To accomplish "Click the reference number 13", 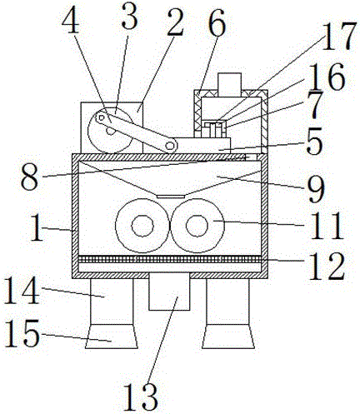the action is click(x=140, y=397).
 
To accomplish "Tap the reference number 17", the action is click(x=339, y=37).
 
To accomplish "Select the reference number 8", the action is click(x=29, y=177).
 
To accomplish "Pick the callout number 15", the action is click(x=22, y=333).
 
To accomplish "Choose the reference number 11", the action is click(x=327, y=226).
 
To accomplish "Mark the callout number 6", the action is click(x=217, y=23).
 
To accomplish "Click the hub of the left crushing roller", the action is click(x=142, y=226).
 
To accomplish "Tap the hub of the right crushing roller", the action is click(x=197, y=225).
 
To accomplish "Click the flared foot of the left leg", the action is click(x=112, y=337).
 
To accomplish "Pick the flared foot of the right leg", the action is click(x=228, y=337).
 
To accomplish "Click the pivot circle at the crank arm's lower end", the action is click(x=169, y=145).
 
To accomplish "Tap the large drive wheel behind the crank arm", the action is click(x=110, y=130).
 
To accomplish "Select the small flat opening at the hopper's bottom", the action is click(x=171, y=197).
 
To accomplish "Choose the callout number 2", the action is click(x=174, y=23).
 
